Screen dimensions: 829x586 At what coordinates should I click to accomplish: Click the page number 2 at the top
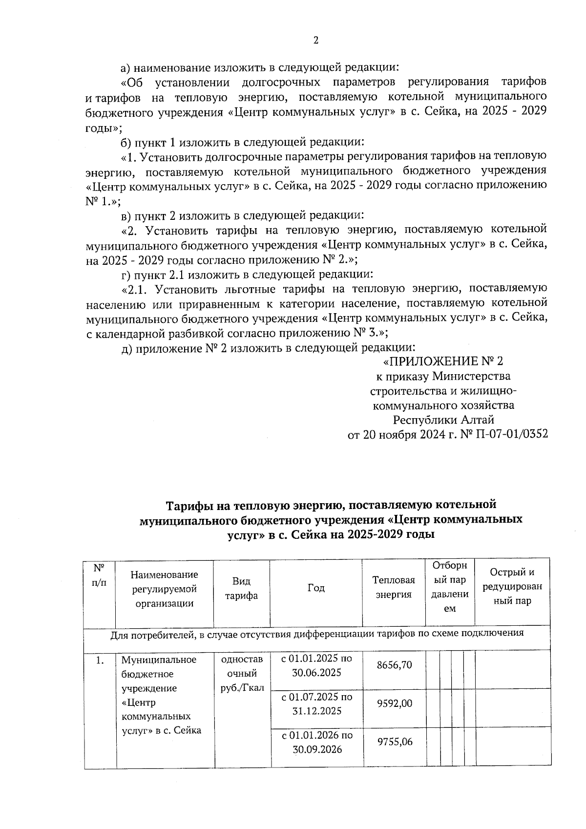(x=315, y=41)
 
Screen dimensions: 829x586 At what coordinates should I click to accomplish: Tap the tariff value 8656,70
(x=394, y=665)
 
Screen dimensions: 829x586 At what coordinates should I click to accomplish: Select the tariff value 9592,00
(x=394, y=703)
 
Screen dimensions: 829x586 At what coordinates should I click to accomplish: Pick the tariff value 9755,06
(x=394, y=742)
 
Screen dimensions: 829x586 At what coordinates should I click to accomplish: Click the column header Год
(x=316, y=588)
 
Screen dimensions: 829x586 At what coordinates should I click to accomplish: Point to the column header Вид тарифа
(x=242, y=588)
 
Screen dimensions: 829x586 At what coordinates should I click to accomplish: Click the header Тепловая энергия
(x=394, y=587)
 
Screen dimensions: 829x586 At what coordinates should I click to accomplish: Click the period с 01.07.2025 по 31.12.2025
(x=316, y=703)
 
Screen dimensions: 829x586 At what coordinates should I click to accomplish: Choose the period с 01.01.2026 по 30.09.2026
(x=316, y=742)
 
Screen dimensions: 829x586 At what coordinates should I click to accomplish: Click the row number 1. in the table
(x=100, y=660)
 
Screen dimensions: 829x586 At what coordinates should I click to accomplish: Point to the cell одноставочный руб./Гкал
(x=242, y=674)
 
